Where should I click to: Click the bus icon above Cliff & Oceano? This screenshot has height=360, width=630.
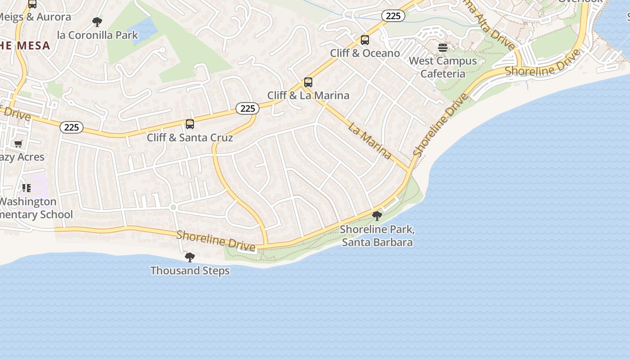point(365,40)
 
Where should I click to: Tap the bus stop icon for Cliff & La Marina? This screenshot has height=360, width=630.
point(308,82)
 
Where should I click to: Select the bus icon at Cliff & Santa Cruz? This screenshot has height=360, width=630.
point(190,124)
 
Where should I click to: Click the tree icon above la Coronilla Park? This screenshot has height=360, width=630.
point(97,22)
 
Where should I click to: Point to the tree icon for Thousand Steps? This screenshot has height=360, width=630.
point(190,257)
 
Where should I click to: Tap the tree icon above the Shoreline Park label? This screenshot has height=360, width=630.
point(377,216)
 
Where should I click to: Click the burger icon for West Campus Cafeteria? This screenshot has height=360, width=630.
point(443,48)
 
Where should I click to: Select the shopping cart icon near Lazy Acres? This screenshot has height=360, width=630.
point(18,144)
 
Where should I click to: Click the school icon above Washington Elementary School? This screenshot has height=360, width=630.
point(27,188)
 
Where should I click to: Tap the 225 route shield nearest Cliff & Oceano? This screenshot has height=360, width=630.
point(393,16)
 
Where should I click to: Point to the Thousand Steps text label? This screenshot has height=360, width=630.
point(190,271)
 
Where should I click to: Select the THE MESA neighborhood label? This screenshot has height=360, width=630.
point(25,45)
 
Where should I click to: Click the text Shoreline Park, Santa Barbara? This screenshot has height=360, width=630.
point(377,236)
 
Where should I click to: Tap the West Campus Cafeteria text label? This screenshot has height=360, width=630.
point(443,67)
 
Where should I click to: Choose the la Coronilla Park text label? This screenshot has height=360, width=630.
point(98,35)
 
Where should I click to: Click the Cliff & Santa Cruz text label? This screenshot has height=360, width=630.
point(190,138)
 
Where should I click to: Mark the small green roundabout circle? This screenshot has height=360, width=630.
point(173,207)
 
